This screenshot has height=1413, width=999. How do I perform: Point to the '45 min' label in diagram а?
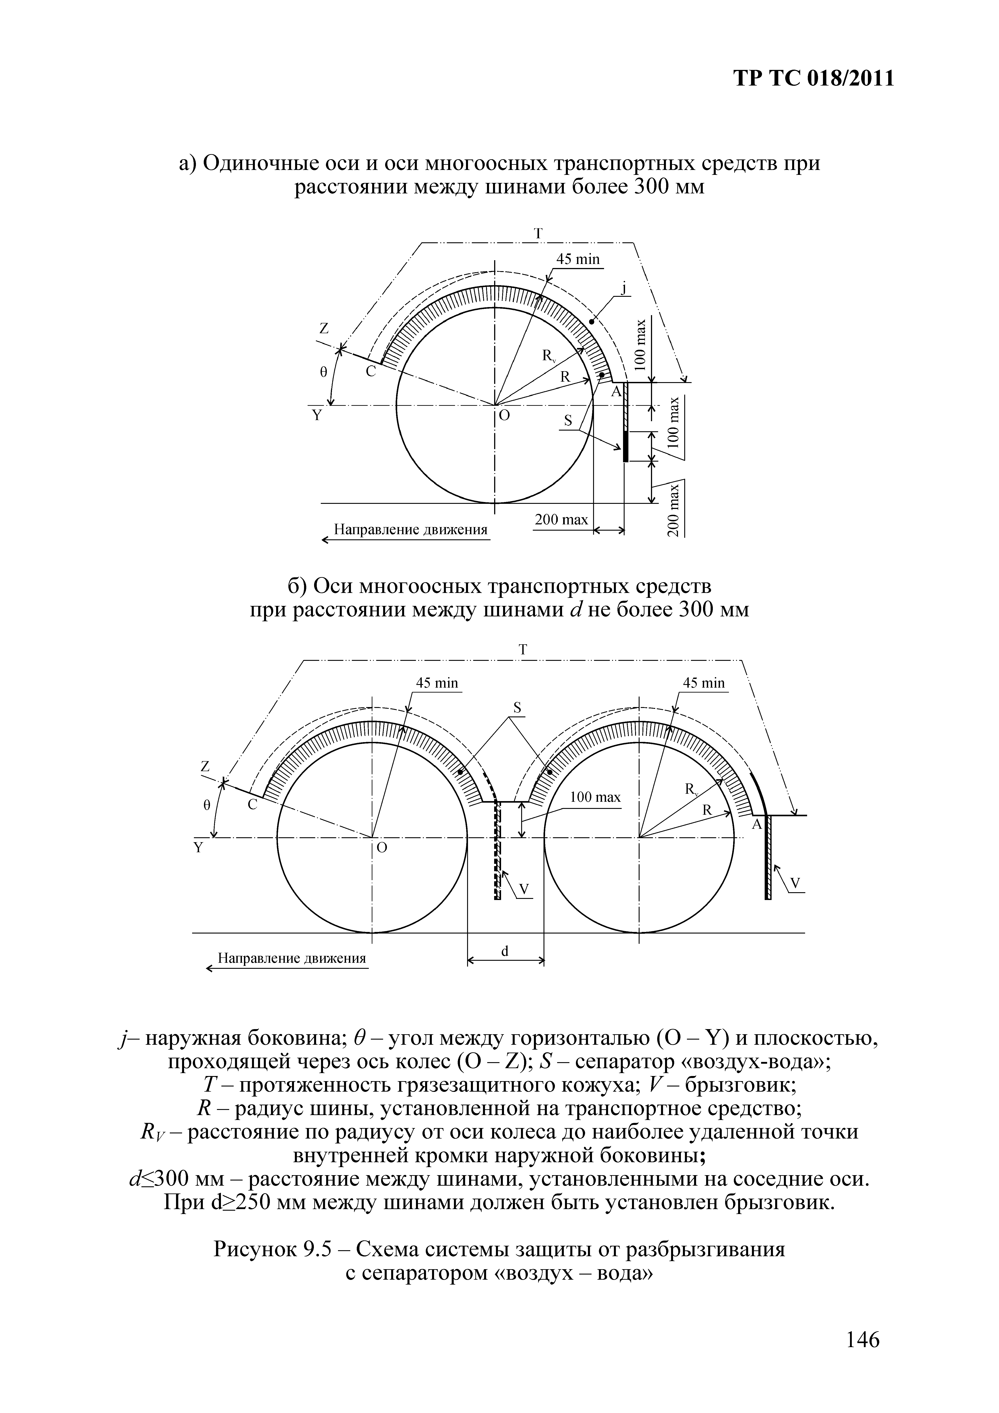pyautogui.click(x=578, y=259)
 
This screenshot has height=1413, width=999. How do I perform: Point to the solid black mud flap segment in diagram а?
pyautogui.click(x=625, y=446)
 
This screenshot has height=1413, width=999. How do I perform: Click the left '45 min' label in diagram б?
pyautogui.click(x=437, y=683)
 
